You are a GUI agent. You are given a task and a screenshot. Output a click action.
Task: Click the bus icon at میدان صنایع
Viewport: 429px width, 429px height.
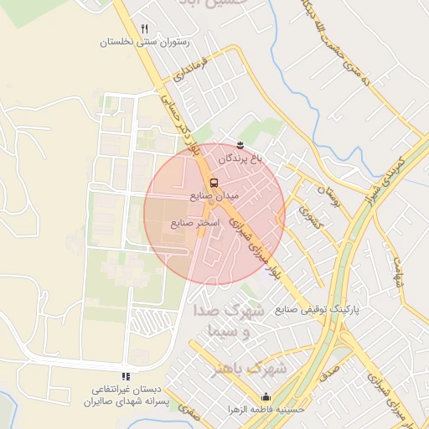coord(214,182)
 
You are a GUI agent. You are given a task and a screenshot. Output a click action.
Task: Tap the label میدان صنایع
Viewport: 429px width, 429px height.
coord(214,195)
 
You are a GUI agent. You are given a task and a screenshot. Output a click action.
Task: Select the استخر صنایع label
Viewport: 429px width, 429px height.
coord(194,224)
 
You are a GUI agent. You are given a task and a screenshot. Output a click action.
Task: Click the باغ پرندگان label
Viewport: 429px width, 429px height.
coord(241,158)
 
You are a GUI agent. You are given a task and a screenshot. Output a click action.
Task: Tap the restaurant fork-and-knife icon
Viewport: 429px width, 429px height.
coord(145,28)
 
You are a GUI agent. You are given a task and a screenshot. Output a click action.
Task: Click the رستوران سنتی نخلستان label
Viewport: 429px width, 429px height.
coord(145,42)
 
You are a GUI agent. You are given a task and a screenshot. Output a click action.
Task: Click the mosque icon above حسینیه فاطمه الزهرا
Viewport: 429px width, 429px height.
coord(266,397)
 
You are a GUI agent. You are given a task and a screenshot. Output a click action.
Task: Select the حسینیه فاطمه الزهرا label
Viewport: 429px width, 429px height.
coord(266,411)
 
